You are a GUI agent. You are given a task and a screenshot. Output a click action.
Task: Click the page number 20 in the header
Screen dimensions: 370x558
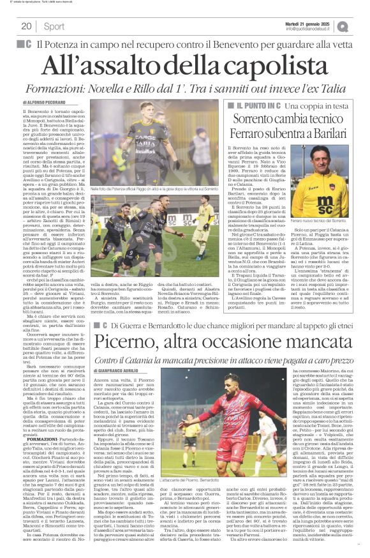tap(26, 26)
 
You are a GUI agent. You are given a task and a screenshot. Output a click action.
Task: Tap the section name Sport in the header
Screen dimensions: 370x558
tap(54, 26)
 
